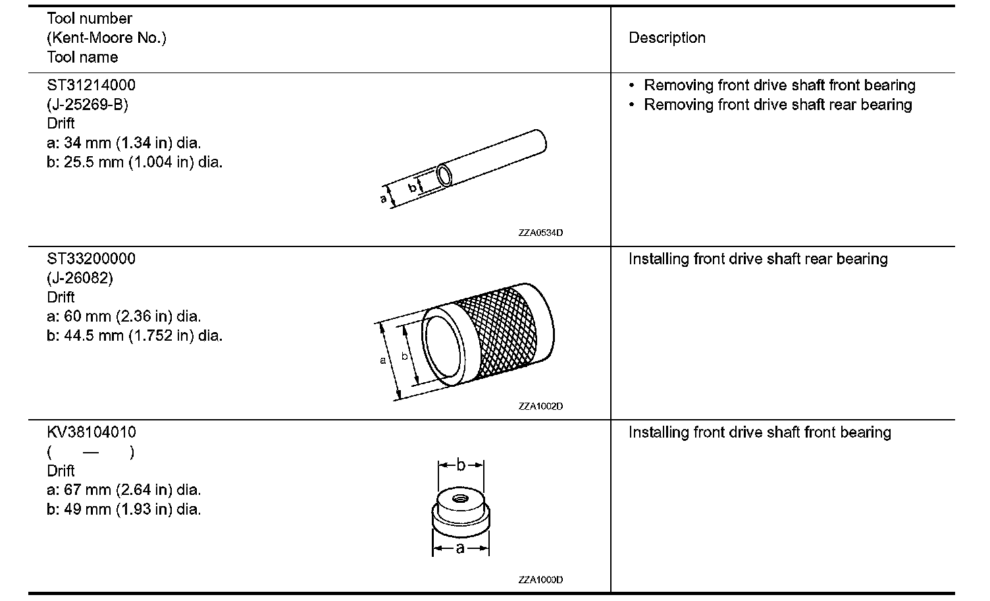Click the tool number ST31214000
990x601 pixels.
tap(91, 85)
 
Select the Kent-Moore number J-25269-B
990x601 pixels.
tap(87, 104)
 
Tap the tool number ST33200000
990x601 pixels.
tap(91, 258)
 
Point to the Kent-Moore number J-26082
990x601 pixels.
tap(80, 277)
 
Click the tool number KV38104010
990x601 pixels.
tap(91, 432)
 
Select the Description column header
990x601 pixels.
tap(667, 38)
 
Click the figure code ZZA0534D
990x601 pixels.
tap(540, 233)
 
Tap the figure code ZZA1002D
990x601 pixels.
tap(540, 406)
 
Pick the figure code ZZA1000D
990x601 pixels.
tap(540, 580)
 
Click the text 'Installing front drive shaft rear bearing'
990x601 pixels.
tap(758, 259)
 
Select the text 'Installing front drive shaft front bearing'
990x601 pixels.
tap(760, 432)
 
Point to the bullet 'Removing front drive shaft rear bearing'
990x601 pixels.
tap(777, 105)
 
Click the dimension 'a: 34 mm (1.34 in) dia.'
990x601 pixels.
tap(124, 142)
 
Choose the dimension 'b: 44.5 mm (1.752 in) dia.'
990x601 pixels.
tap(134, 335)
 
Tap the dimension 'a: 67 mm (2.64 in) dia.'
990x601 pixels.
tap(124, 490)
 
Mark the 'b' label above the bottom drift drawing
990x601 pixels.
tap(461, 465)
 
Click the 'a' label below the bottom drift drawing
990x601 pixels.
tap(460, 548)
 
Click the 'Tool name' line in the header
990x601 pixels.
tap(82, 57)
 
